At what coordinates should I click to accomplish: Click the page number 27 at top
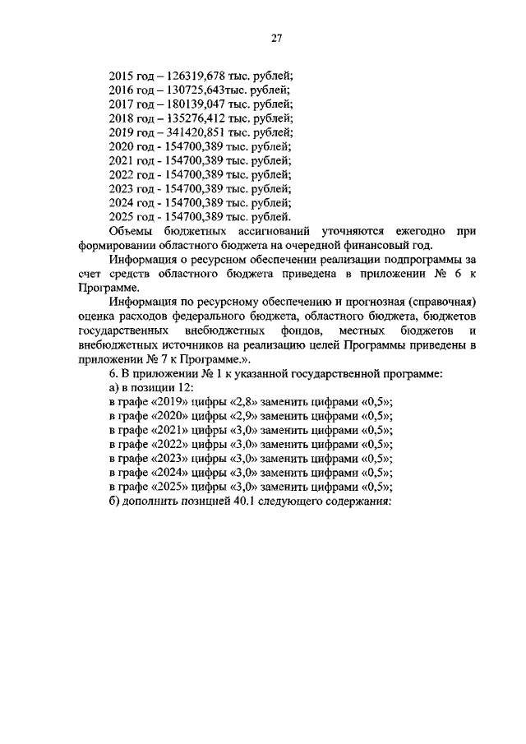point(277,37)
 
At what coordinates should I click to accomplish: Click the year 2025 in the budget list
point(121,218)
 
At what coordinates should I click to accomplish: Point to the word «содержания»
point(354,504)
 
